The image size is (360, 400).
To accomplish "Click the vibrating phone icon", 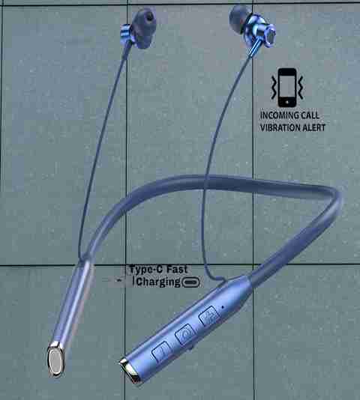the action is pyautogui.click(x=287, y=88).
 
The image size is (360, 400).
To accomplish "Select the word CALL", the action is pyautogui.click(x=310, y=115).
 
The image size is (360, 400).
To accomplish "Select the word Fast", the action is pyautogui.click(x=177, y=269).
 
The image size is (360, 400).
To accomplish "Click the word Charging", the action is pyautogui.click(x=158, y=282).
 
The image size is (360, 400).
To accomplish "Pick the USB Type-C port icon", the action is pyautogui.click(x=190, y=282).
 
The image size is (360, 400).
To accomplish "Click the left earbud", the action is pyautogui.click(x=139, y=29).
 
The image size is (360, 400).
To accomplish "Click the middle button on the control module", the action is pyautogui.click(x=186, y=334).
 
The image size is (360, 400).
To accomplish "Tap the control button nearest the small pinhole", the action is pyautogui.click(x=209, y=316).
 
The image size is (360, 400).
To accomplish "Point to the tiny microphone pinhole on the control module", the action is pyautogui.click(x=223, y=306).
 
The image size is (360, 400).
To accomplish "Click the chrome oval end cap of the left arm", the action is pyautogui.click(x=56, y=360).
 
